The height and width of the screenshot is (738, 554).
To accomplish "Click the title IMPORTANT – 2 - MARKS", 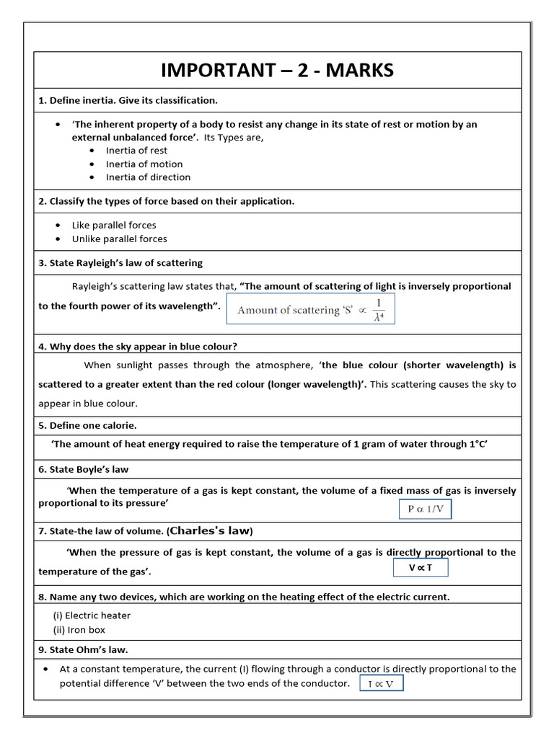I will click(x=277, y=70).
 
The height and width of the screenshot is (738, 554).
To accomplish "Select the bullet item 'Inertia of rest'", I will click(x=136, y=151).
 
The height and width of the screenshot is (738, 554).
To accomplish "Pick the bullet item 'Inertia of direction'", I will click(x=148, y=177).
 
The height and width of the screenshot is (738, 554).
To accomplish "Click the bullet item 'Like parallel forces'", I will click(x=114, y=226).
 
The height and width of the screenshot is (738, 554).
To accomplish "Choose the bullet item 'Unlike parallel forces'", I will click(x=119, y=239).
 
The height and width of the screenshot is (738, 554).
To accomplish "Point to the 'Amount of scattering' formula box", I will click(x=311, y=309).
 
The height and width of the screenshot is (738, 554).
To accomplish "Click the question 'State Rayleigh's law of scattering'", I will click(x=120, y=263).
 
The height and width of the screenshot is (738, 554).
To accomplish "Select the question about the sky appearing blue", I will click(x=138, y=347).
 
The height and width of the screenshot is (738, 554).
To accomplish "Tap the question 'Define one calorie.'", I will click(x=87, y=425).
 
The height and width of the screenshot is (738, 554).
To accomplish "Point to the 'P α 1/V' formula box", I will click(x=426, y=509).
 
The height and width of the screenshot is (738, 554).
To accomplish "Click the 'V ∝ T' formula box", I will click(x=421, y=568).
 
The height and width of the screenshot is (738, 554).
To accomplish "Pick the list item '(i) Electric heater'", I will click(x=92, y=615).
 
